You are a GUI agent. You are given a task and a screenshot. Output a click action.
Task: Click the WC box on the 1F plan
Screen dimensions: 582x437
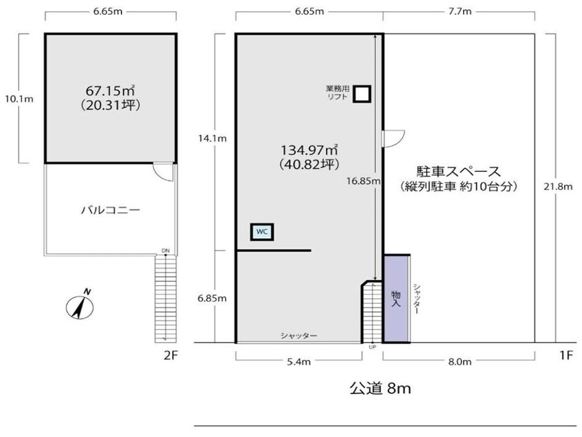coord(262,232)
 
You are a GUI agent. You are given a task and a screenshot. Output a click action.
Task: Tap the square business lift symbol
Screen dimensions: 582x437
coord(361,94)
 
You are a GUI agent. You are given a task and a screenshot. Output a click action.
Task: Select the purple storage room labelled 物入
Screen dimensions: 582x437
coord(396,299)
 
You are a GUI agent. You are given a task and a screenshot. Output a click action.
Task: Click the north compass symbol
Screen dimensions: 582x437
coord(80,305)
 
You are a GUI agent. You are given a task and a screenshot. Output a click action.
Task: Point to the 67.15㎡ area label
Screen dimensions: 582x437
coord(110,91)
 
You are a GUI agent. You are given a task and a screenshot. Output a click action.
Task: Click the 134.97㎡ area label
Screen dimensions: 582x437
coord(309,150)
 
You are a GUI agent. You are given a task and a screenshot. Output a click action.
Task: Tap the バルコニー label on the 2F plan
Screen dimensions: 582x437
coord(110,210)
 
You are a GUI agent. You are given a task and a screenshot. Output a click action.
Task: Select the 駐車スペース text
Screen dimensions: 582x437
coord(459,172)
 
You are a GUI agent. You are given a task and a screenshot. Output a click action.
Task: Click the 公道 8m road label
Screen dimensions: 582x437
coord(380,389)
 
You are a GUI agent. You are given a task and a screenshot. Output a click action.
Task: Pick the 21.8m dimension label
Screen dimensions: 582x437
coord(558,186)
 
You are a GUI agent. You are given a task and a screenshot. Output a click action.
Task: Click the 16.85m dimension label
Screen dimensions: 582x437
coord(363,181)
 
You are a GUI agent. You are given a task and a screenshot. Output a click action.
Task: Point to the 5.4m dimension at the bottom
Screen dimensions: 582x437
coord(299,362)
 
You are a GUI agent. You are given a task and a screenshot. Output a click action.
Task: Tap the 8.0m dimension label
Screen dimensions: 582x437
coord(460,362)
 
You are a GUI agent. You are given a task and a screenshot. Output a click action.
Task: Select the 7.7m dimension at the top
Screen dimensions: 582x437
coord(460,12)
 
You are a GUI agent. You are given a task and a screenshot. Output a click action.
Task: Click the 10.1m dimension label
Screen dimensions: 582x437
coord(19,99)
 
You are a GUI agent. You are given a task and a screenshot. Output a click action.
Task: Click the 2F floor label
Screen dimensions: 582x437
coord(171,356)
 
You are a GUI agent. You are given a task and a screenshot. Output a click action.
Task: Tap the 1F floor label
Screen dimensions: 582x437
coord(567,356)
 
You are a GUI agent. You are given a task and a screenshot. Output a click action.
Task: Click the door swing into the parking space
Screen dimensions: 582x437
coord(394,139)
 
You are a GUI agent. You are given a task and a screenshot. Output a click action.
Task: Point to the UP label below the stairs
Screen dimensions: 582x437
coord(372,347)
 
